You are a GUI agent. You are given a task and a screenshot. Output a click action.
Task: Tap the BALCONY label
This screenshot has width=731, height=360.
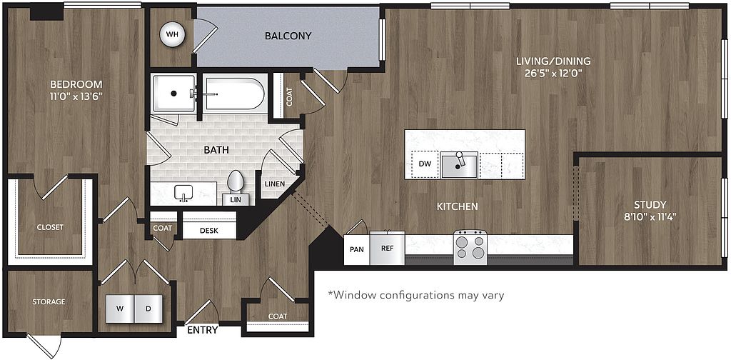pyautogui.click(x=288, y=36)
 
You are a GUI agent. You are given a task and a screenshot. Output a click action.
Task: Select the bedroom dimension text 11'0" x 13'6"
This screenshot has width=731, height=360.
pyautogui.click(x=76, y=96)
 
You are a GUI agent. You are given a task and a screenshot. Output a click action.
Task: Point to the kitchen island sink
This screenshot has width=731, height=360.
pyautogui.click(x=460, y=165)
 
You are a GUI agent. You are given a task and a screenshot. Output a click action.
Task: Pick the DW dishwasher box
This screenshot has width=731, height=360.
pyautogui.click(x=425, y=164)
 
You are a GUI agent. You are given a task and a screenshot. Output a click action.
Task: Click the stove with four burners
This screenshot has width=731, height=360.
pyautogui.click(x=470, y=248)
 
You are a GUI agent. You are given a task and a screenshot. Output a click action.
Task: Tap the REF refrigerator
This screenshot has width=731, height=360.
pyautogui.click(x=388, y=248)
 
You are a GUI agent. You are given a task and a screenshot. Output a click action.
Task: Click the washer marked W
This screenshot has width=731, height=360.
pyautogui.click(x=120, y=309)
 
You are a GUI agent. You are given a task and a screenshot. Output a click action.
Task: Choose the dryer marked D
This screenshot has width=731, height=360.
pyautogui.click(x=148, y=309)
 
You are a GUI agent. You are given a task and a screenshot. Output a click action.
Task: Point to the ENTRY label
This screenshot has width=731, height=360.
pyautogui.click(x=203, y=330)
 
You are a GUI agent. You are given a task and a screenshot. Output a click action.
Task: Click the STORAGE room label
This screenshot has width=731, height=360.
pyautogui.click(x=49, y=301)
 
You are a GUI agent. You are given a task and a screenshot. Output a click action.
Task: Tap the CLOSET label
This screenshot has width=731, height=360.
pyautogui.click(x=51, y=227)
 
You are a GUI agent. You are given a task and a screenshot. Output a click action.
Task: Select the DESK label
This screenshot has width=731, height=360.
pyautogui.click(x=209, y=231)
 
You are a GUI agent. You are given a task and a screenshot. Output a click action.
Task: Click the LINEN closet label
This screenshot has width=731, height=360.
pyautogui.click(x=275, y=184)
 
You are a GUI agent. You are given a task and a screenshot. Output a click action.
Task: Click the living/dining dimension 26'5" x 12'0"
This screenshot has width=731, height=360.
pyautogui.click(x=553, y=73)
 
